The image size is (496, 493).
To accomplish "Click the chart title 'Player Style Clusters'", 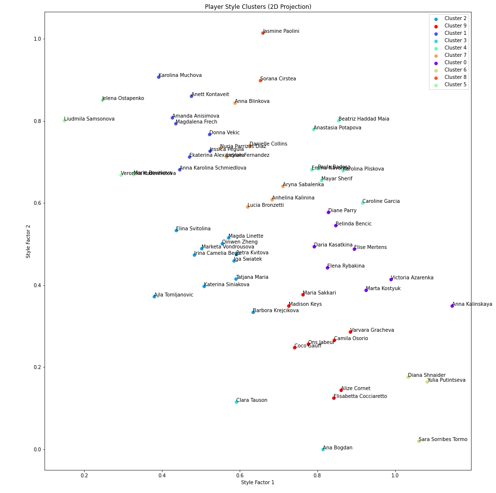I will (x=258, y=7).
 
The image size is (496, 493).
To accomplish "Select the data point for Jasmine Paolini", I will (x=263, y=33).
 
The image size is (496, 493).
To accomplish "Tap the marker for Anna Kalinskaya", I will (x=452, y=306).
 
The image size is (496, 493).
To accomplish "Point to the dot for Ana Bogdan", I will (x=323, y=449).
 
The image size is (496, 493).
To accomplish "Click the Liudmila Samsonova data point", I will (x=64, y=121).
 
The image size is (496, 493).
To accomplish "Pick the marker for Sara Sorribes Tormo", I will (x=419, y=441).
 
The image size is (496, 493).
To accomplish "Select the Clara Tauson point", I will (x=236, y=402).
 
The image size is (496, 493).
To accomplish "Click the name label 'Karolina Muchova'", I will (x=180, y=75).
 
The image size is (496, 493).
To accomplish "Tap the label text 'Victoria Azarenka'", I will (x=412, y=278).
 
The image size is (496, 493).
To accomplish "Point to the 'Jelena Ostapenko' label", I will (x=123, y=99).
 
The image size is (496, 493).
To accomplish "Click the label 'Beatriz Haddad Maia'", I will (x=364, y=119).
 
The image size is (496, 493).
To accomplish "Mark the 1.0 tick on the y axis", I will (x=36, y=39).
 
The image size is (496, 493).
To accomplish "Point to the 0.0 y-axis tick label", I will (x=36, y=449).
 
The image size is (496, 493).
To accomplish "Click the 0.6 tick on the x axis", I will (x=240, y=475).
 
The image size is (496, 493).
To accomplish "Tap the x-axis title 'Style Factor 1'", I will (x=258, y=483).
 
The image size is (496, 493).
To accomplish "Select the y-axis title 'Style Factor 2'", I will (x=28, y=241).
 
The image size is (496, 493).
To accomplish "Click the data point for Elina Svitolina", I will (x=176, y=230).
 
